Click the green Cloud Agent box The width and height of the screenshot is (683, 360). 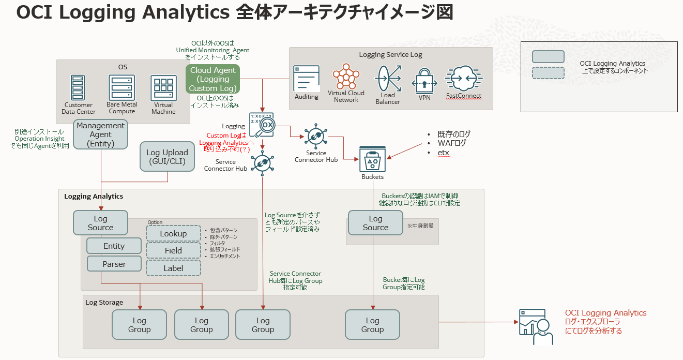213,79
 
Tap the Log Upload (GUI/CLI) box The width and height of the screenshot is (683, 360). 167,157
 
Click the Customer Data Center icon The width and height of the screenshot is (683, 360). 78,88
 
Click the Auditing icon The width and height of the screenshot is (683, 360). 307,79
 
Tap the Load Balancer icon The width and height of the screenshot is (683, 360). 388,78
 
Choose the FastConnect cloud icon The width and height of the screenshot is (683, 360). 463,79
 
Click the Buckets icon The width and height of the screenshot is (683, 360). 373,158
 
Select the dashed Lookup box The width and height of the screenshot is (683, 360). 173,234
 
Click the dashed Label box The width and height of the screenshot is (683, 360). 173,268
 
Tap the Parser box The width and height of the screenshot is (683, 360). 114,264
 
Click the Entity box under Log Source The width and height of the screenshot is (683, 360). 114,246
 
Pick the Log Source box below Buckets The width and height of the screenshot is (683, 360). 375,223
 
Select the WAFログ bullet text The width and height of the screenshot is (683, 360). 452,143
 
